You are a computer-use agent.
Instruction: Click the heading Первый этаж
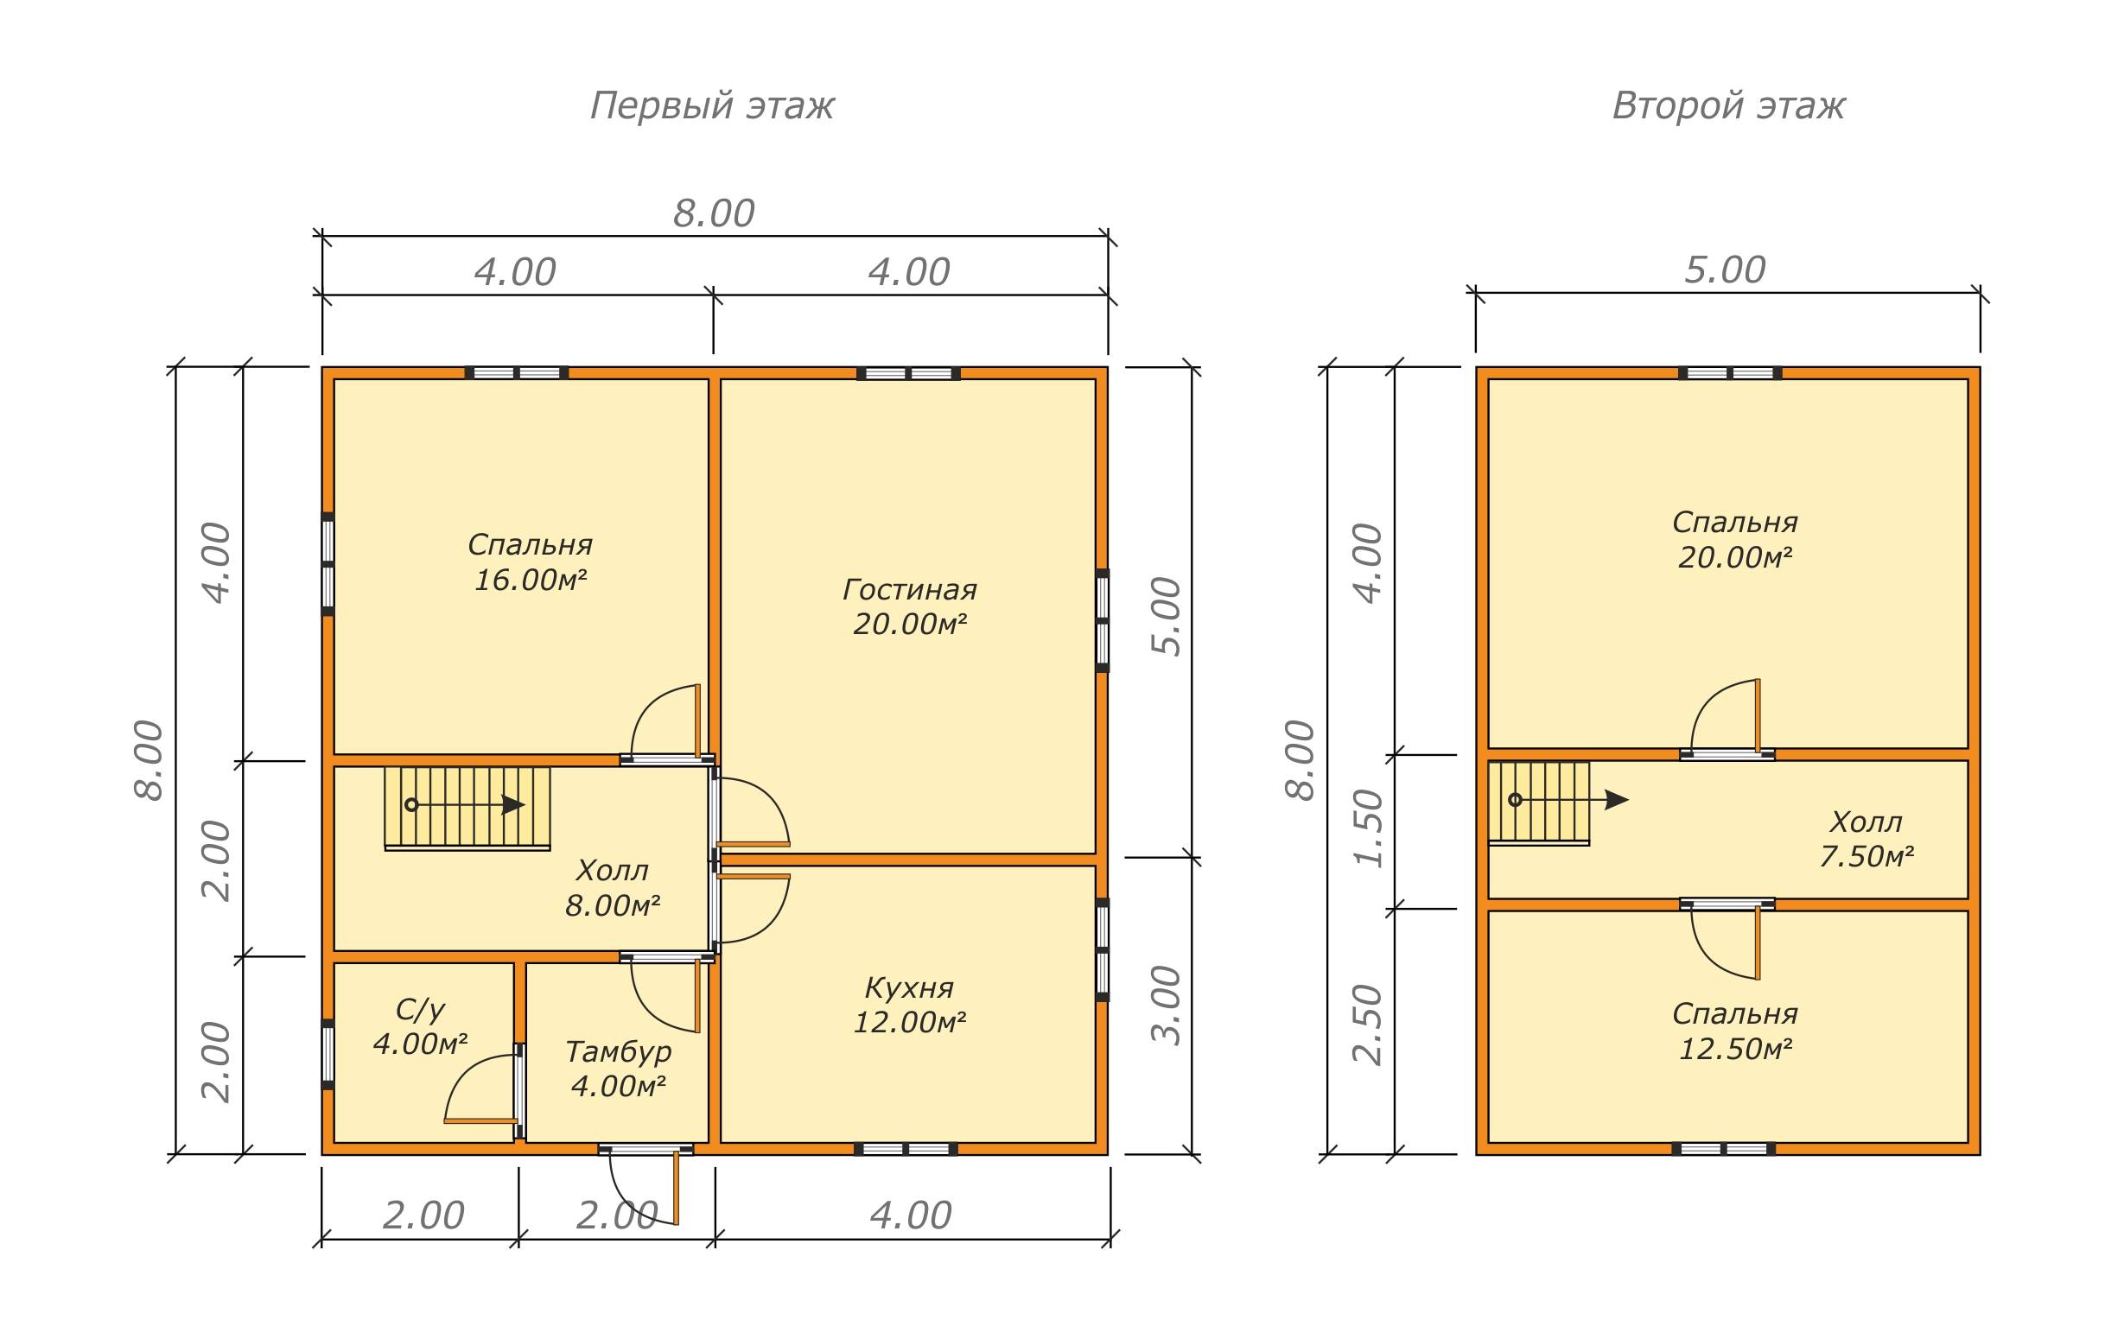coord(711,106)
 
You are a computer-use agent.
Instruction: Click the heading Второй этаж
coord(1728,106)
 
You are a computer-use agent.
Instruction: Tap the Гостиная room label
coord(909,607)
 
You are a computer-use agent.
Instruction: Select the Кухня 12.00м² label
coord(909,1005)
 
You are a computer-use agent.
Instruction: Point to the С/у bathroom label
coord(420,1027)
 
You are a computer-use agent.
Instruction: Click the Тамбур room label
coord(619,1069)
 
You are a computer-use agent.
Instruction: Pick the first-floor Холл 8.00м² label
coord(612,888)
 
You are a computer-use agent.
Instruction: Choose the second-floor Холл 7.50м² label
coord(1866,839)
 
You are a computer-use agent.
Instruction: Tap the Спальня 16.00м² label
coord(530,562)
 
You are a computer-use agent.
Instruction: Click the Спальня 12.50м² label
coord(1735,1031)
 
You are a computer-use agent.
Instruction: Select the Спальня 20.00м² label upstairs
coord(1735,540)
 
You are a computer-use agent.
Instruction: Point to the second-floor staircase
coord(1539,803)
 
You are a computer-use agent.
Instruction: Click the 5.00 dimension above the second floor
coord(1725,270)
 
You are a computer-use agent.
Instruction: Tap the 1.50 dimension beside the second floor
coord(1367,829)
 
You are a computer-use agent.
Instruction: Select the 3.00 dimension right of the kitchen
coord(1166,1006)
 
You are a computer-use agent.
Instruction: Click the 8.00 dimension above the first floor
coord(714,214)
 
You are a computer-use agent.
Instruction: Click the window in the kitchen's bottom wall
coord(906,1148)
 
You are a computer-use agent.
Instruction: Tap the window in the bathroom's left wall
coord(328,1054)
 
